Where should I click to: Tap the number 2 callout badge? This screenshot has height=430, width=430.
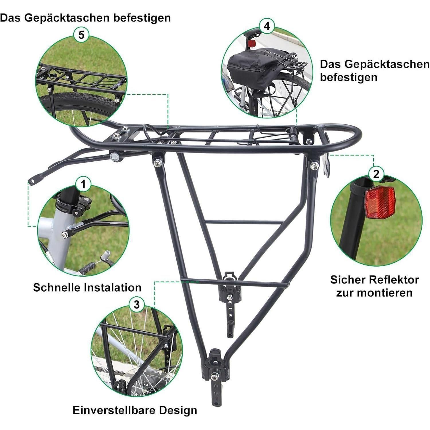[376, 174]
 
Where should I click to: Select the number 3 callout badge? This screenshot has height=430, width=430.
[137, 304]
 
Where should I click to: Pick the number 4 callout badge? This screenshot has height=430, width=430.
[267, 26]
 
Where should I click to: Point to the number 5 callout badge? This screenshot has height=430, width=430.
[81, 35]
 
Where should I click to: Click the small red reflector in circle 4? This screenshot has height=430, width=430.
[252, 44]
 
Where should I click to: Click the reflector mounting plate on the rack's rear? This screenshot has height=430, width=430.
[327, 165]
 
